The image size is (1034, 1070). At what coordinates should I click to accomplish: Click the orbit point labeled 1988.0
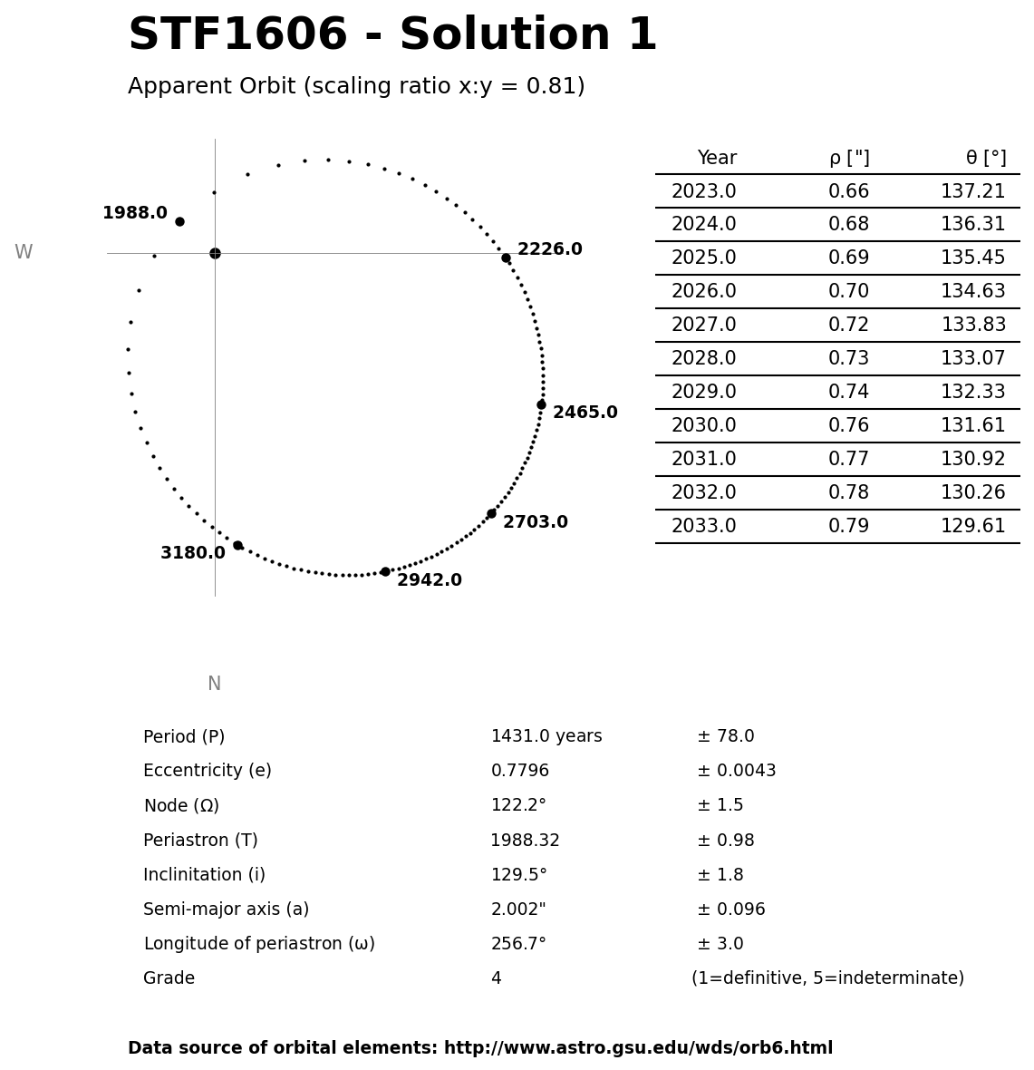point(179,221)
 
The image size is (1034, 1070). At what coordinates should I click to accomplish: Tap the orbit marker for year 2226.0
point(506,258)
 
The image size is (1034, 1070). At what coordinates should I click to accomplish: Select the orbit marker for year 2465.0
point(541,404)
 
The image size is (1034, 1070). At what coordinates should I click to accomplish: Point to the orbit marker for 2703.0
point(491,513)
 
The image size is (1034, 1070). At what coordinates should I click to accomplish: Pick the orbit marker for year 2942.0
point(385,571)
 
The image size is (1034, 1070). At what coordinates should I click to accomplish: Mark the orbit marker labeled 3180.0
point(237,545)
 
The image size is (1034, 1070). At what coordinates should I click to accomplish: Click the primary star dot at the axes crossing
point(215,253)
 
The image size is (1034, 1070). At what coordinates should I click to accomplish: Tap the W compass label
point(24,253)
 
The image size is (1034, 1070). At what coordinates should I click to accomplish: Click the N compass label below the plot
point(214,685)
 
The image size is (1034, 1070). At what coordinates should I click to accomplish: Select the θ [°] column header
point(985,159)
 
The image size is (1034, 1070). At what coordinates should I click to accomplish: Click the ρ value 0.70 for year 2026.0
point(848,292)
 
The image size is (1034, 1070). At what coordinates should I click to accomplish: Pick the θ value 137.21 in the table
point(972,191)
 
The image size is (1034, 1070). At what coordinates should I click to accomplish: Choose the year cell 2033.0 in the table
point(703,527)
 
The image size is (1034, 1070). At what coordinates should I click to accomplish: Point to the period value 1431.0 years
point(546,736)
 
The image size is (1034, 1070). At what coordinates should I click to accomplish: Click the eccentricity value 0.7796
point(519,771)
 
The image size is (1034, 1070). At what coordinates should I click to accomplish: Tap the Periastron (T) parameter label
point(200,841)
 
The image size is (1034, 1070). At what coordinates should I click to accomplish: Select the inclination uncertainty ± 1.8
point(720,875)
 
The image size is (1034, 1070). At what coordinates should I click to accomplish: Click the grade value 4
point(496,978)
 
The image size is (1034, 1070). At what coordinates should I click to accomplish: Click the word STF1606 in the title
point(237,36)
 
